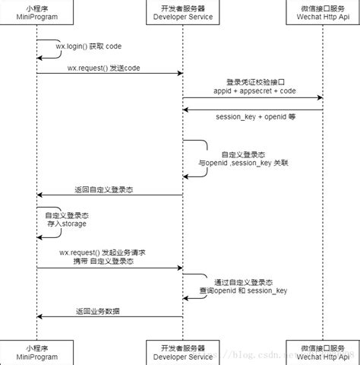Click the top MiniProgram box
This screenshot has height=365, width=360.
(36, 12)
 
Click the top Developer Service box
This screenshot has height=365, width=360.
(182, 12)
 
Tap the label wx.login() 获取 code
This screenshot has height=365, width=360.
(88, 46)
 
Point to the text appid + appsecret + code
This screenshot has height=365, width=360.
(254, 91)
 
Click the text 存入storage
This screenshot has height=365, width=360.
(66, 224)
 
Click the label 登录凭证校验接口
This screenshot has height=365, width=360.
(254, 81)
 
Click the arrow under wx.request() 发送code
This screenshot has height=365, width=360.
(110, 74)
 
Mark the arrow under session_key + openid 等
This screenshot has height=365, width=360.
(254, 109)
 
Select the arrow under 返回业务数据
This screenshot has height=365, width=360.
(110, 316)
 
